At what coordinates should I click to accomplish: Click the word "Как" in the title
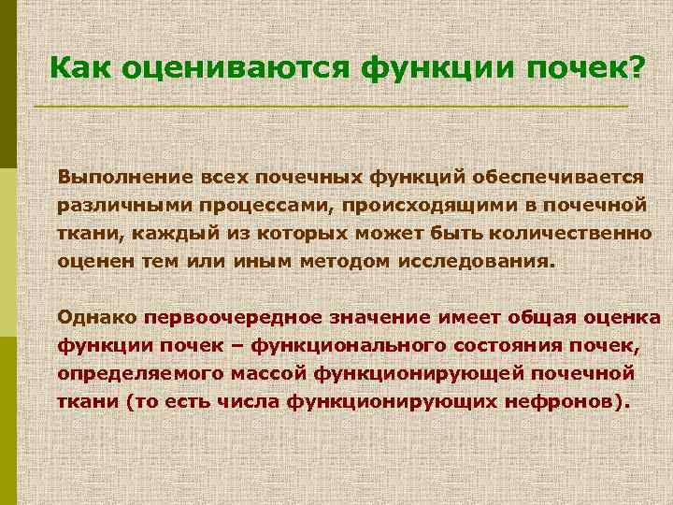click(78, 67)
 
